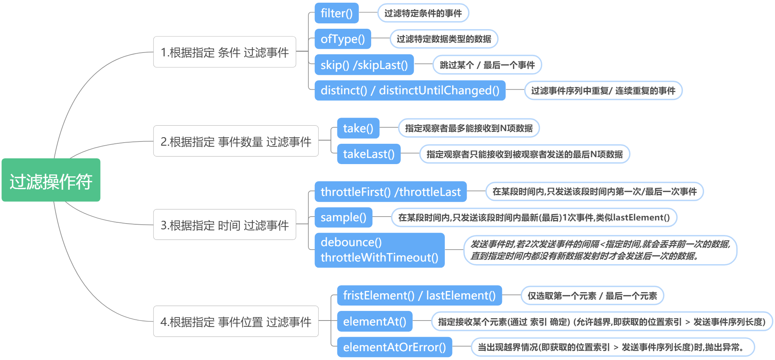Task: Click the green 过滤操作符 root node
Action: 51,180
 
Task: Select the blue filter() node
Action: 336,13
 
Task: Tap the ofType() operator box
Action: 342,39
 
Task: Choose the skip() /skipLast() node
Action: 364,65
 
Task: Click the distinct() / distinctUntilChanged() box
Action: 410,90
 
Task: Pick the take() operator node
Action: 358,128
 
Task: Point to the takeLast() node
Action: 369,154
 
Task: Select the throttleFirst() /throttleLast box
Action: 390,192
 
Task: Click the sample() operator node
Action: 343,217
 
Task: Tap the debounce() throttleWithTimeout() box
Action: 379,250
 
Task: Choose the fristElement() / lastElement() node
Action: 419,296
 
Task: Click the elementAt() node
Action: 374,321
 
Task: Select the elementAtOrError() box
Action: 394,347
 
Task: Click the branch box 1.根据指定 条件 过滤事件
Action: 224,52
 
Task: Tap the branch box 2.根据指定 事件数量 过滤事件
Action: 235,141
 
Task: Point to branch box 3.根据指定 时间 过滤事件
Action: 224,225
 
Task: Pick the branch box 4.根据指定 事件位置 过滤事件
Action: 235,321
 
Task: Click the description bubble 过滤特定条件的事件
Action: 423,13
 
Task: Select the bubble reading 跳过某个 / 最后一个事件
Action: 487,65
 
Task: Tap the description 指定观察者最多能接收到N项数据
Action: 469,128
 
